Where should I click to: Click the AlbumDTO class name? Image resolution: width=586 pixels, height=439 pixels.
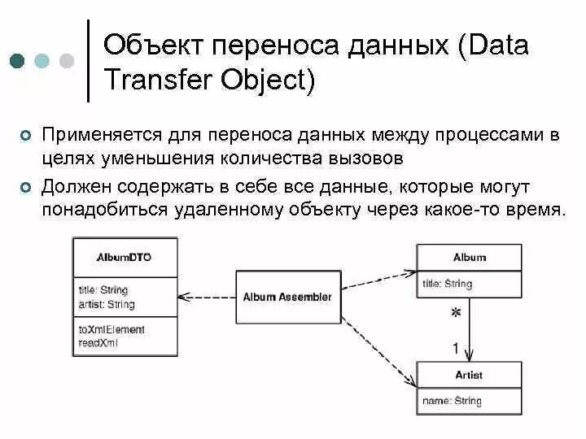pos(125,257)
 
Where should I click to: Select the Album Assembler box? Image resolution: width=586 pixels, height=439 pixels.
pos(287,297)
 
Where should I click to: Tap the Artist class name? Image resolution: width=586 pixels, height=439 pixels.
pos(468,375)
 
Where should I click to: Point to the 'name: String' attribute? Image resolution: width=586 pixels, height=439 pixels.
pos(452,401)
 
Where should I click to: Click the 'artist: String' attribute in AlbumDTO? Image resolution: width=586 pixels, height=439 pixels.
pos(107,305)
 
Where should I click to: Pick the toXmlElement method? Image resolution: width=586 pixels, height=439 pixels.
pos(112,329)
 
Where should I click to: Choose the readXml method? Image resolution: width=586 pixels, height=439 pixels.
pos(98,343)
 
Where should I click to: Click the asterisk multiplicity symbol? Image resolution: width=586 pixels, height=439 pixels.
pos(457,313)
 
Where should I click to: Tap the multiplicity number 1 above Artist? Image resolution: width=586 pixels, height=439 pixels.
pos(456,349)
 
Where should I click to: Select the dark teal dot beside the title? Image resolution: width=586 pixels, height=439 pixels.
pos(18,61)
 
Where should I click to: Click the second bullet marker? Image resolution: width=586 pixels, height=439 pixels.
pos(25,188)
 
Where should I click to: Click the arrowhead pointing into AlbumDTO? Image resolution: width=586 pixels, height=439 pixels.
pos(182,296)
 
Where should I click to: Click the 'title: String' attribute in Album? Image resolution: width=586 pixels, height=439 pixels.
pos(447,284)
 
